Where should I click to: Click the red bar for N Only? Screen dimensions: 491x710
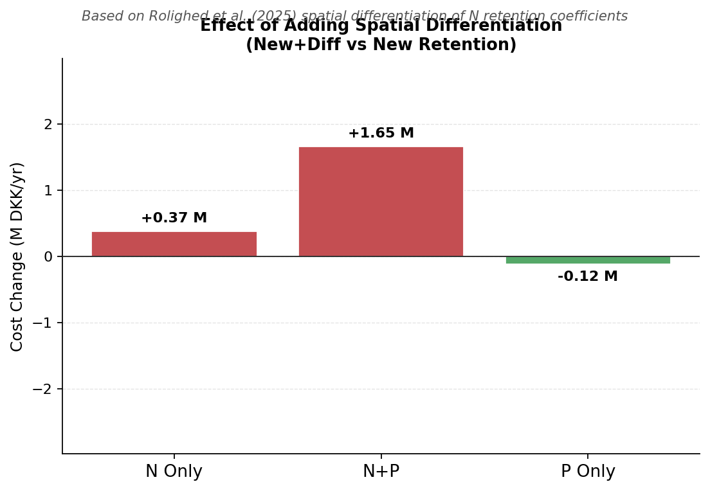pos(174,244)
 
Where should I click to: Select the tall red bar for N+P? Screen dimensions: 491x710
pos(381,202)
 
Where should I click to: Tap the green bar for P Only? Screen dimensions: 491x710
pos(588,260)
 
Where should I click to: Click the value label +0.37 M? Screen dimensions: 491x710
pos(174,219)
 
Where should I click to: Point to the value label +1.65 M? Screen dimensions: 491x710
pos(381,134)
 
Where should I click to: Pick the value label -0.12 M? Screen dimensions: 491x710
pos(588,277)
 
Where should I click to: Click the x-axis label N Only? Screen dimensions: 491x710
pos(174,472)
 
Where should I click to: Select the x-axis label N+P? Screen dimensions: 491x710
pos(381,472)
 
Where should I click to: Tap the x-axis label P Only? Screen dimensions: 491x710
pos(588,472)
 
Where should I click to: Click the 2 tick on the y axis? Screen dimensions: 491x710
pos(48,125)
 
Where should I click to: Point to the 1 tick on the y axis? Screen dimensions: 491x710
pos(48,191)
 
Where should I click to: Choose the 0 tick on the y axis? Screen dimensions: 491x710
pos(48,257)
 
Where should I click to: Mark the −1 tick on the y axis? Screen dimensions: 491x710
pos(45,323)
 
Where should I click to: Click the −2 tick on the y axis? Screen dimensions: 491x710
pos(45,389)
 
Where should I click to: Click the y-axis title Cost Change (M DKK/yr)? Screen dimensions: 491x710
pos(17,256)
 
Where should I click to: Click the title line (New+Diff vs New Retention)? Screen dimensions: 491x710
pos(381,46)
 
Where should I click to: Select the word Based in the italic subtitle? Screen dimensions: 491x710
pos(100,17)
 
